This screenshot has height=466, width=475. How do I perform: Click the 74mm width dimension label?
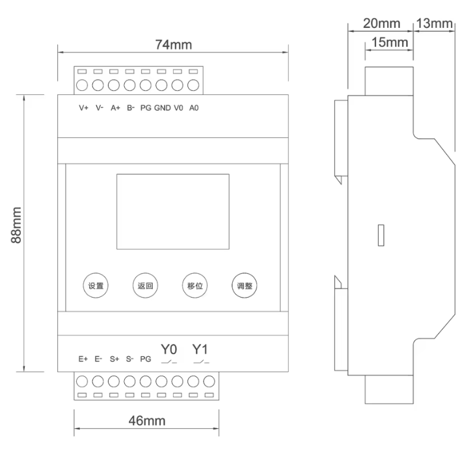tap(174, 44)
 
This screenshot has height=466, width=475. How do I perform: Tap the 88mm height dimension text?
tap(16, 225)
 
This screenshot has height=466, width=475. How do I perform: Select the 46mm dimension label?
tap(147, 421)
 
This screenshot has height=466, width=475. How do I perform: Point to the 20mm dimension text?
tap(382, 23)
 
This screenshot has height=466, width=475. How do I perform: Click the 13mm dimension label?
tap(435, 23)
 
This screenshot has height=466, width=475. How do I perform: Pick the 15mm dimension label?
tap(390, 42)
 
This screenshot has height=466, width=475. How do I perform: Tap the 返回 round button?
tap(145, 286)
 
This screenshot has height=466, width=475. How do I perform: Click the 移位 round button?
tap(195, 286)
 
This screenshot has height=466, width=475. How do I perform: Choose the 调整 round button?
tap(245, 286)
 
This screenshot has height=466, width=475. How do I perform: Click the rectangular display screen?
tap(173, 211)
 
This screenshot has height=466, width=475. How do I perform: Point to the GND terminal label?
tap(163, 108)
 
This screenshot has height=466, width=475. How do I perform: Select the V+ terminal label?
tap(83, 108)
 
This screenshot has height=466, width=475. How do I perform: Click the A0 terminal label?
tap(194, 108)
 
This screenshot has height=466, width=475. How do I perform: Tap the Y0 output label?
tap(169, 349)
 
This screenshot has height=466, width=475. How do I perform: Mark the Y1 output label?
tap(200, 349)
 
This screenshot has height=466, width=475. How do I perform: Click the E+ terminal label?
tap(83, 359)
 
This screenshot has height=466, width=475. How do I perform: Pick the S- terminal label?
tap(129, 359)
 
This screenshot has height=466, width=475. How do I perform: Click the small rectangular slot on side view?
tap(381, 235)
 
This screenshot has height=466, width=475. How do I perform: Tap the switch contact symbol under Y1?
tap(201, 361)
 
